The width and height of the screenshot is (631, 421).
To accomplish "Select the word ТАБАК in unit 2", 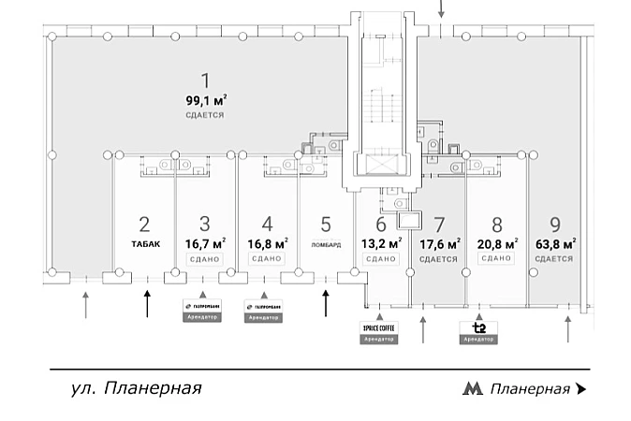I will pos(144,245).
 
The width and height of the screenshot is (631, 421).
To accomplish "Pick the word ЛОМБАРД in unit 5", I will pos(326,245).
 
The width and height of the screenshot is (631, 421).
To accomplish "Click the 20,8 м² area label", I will pos(497,244).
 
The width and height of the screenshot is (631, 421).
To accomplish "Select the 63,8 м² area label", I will pos(555,244).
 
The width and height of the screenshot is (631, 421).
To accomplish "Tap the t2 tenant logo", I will pos(478,327).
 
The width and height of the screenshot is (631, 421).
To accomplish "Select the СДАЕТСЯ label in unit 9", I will pos(555,259).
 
